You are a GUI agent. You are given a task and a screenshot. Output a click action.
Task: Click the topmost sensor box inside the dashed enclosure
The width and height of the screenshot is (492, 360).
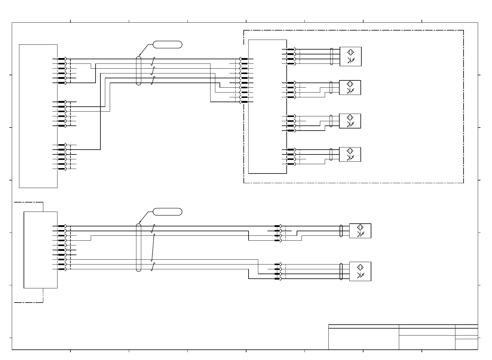pos(350,57)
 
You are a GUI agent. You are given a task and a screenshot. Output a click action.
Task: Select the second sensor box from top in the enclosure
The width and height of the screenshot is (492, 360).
pos(350,88)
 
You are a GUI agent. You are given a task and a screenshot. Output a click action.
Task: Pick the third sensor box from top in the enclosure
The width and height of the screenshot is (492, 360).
pos(350,121)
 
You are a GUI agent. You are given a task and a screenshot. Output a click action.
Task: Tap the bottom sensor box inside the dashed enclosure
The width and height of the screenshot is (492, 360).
pos(350,154)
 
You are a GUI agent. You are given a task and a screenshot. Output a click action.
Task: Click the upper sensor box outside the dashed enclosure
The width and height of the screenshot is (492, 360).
pos(360,231)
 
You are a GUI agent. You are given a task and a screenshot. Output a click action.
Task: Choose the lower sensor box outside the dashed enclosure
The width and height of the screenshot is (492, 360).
pos(360,271)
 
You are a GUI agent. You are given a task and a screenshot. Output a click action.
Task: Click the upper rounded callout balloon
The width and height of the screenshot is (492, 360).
pos(168,44)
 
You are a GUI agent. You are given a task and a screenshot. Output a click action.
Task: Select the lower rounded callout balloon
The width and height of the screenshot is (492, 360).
pos(168,212)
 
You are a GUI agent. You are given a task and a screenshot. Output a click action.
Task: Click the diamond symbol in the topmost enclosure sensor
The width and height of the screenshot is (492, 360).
pos(350,52)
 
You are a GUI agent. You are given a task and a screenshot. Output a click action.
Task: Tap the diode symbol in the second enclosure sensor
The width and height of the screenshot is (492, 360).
pos(350,91)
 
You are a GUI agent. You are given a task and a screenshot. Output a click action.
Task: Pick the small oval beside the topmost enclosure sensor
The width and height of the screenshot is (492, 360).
pos(332,57)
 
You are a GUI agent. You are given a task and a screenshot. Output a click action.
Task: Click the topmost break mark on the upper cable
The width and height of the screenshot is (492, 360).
pos(153,61)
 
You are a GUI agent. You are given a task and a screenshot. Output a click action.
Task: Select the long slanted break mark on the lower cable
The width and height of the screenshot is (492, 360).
pos(153,247)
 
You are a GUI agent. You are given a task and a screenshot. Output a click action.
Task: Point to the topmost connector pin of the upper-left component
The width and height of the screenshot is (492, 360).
pos(62,59)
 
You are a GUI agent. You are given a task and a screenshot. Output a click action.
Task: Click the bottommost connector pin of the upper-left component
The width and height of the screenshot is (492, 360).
pos(62,169)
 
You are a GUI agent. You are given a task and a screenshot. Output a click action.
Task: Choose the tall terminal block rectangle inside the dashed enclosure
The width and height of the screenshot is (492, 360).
pos(267,106)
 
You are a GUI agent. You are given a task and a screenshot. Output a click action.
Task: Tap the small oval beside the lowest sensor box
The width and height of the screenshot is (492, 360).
pos(341,271)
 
